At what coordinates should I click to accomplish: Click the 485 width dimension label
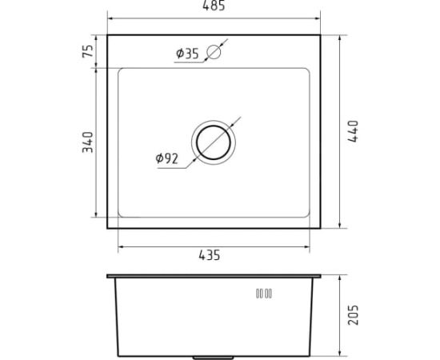(x=214, y=6)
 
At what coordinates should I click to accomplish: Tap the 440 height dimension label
(x=353, y=131)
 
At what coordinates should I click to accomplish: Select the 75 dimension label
(x=87, y=50)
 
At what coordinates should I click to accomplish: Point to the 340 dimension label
(x=87, y=142)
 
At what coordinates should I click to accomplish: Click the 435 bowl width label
(x=210, y=255)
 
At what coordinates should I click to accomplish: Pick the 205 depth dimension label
(x=353, y=315)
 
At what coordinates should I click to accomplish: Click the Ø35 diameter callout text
(x=187, y=54)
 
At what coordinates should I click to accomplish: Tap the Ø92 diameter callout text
(x=166, y=158)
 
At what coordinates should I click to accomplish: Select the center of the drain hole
(x=214, y=142)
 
